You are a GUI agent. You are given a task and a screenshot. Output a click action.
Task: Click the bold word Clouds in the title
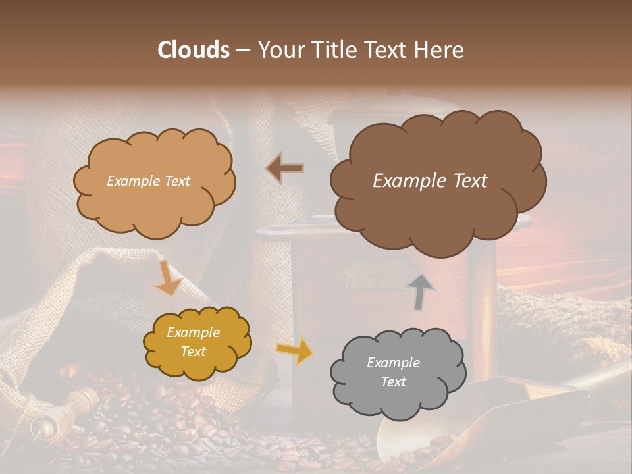pyautogui.click(x=193, y=50)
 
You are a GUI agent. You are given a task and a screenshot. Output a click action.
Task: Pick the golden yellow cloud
pyautogui.click(x=197, y=343)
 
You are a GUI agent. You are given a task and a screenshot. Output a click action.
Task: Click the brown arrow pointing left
pyautogui.click(x=284, y=169)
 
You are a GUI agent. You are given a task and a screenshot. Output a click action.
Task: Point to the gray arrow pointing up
pyautogui.click(x=421, y=292)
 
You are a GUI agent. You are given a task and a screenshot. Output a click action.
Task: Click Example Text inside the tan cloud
pyautogui.click(x=148, y=181)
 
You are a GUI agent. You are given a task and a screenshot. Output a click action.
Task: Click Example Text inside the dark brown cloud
pyautogui.click(x=430, y=181)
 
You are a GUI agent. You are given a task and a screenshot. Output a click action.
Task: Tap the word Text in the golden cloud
pyautogui.click(x=193, y=352)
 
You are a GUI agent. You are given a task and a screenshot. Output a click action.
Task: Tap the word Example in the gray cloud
pyautogui.click(x=393, y=363)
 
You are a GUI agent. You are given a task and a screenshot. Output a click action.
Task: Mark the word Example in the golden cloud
pyautogui.click(x=193, y=333)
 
